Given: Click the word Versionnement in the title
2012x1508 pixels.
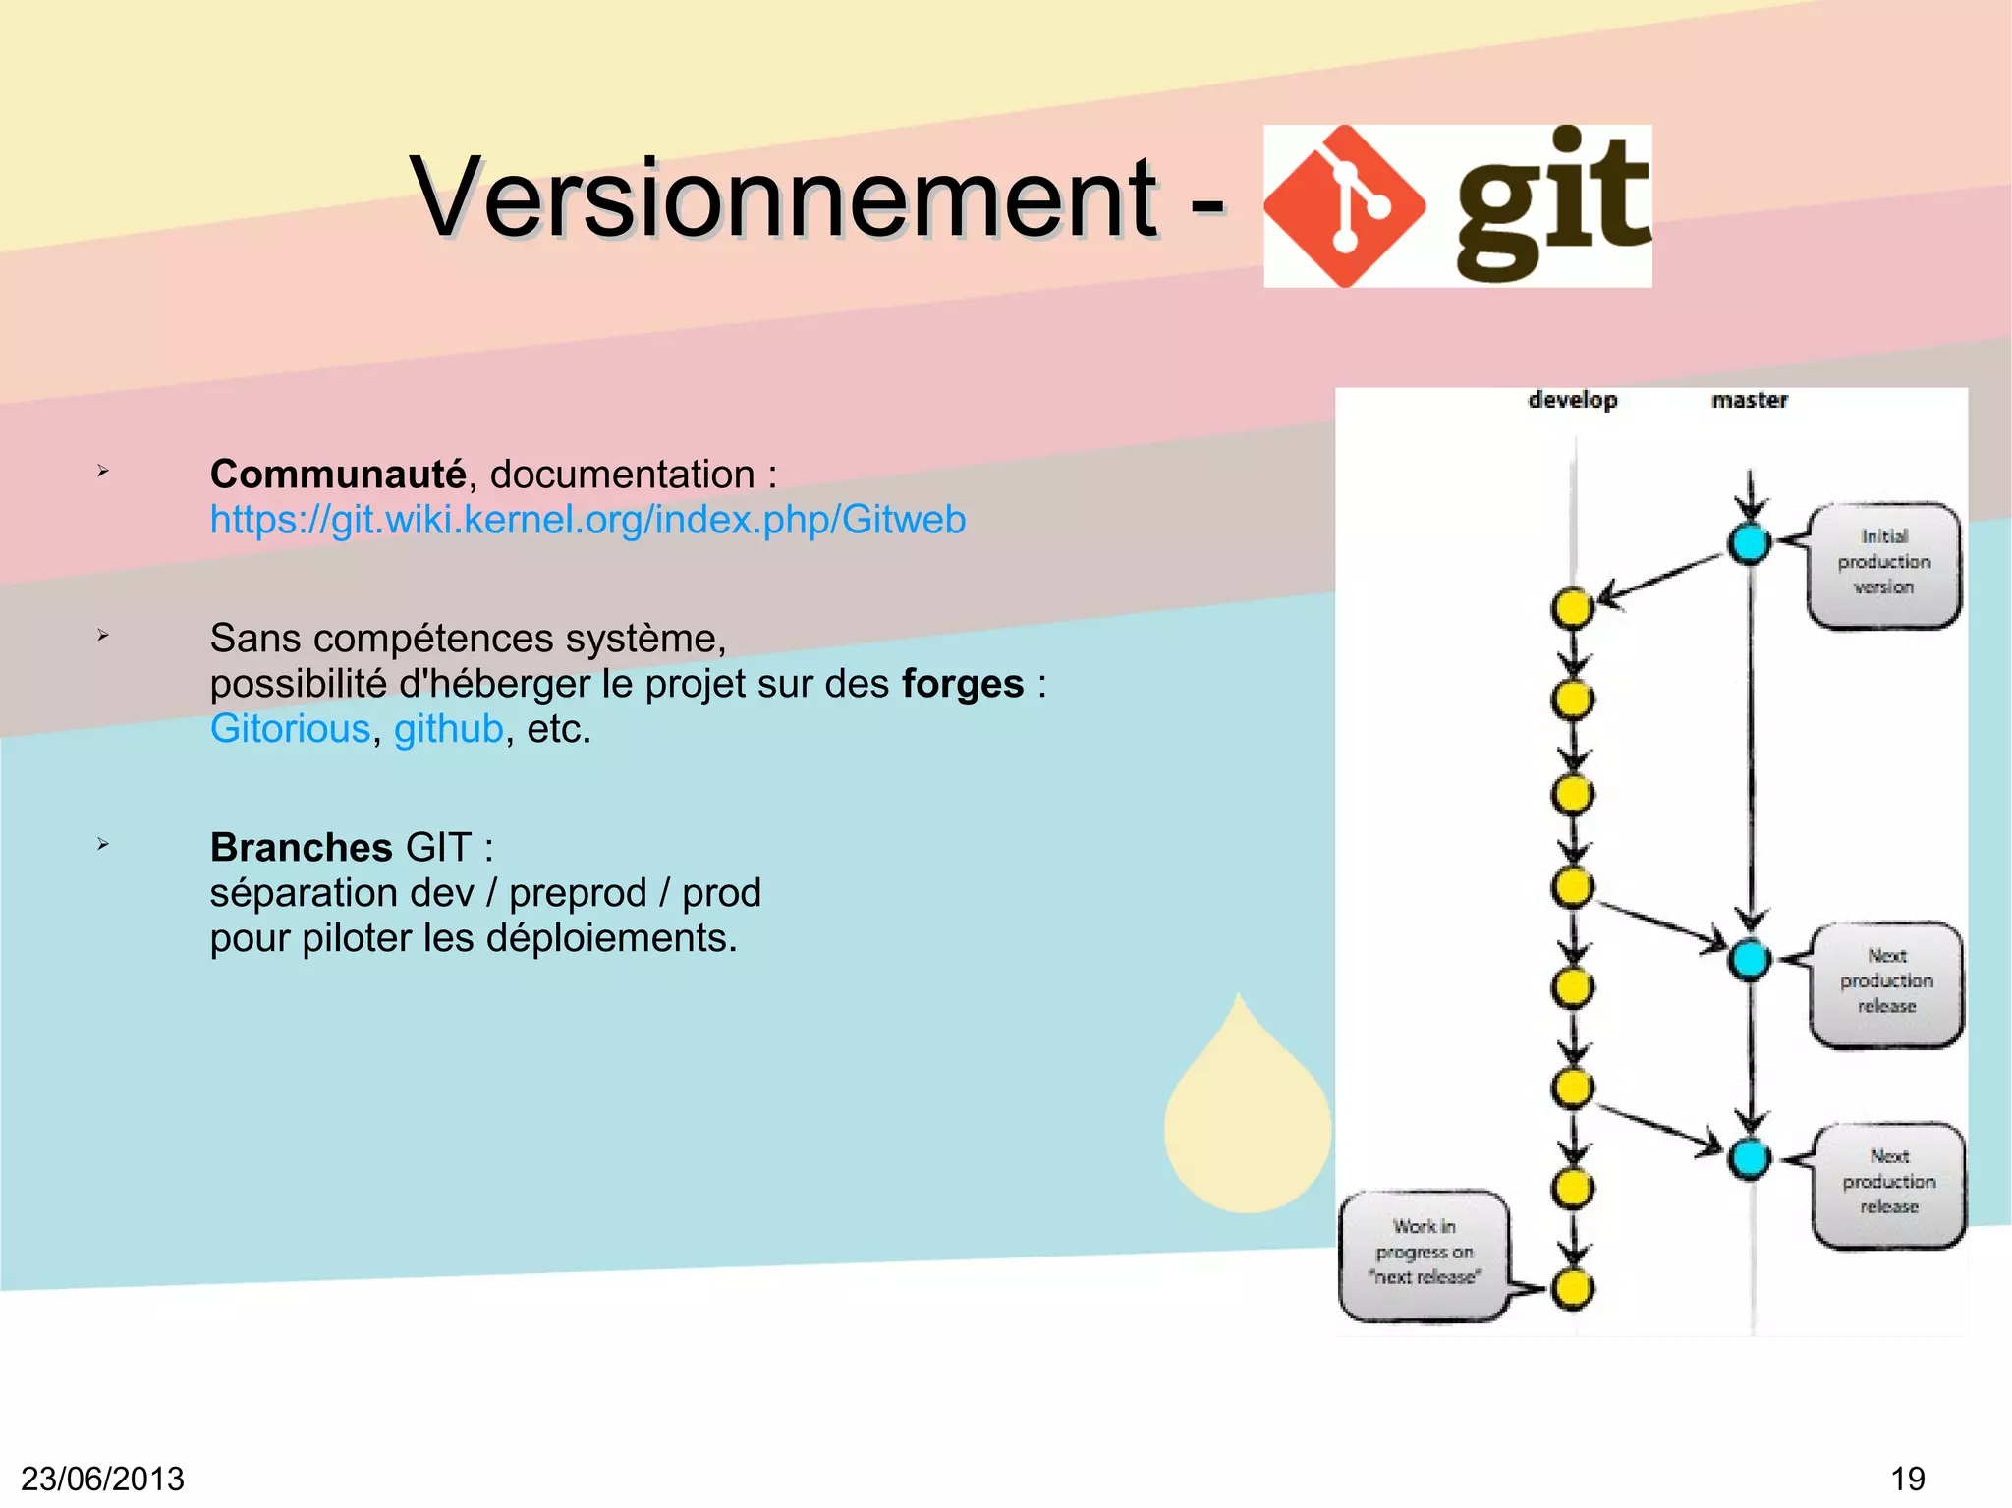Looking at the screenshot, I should coord(783,198).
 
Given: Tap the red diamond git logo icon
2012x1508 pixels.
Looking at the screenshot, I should coord(1344,206).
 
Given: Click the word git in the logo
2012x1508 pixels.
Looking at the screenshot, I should coord(1550,204).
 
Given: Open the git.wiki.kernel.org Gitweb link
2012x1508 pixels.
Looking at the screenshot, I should coord(587,520).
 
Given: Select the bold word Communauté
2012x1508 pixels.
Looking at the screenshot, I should coord(338,475).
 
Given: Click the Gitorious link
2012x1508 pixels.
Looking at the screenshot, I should coord(290,729).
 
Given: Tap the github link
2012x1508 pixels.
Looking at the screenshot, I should coord(448,729).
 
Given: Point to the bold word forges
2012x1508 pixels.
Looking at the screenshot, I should coord(962,684).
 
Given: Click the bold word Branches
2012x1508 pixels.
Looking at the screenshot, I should coord(301,847).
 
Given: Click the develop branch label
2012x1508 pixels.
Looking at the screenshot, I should coord(1572,400).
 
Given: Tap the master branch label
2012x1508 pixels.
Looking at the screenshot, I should coord(1749,400).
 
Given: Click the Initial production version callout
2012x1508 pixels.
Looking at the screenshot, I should coord(1883,563).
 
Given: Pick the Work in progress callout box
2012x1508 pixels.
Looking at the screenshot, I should coord(1424,1253).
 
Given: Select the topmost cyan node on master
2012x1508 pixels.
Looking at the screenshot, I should coord(1749,543).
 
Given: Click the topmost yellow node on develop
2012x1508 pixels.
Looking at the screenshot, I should coord(1572,608).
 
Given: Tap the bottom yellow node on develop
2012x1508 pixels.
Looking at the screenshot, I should coord(1572,1288).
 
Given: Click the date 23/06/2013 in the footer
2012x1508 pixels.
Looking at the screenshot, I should coord(102,1479).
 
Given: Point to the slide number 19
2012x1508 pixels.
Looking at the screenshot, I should coord(1907,1479).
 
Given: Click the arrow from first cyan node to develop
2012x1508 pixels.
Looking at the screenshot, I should coord(1660,579).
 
